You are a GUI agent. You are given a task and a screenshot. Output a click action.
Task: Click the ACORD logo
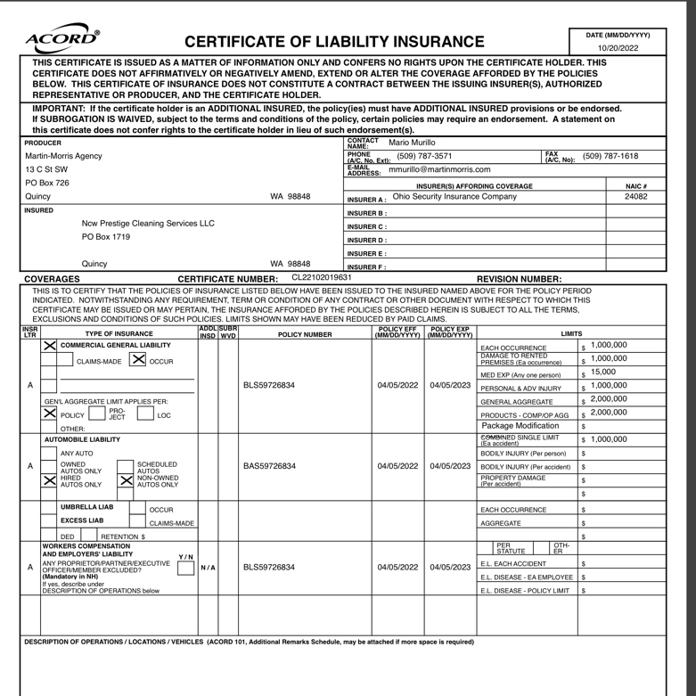tap(63, 37)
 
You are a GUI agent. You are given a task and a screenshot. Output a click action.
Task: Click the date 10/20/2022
tap(618, 48)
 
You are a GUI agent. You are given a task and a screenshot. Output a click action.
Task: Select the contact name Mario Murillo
tap(412, 143)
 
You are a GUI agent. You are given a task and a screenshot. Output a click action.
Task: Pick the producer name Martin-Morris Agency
tap(63, 156)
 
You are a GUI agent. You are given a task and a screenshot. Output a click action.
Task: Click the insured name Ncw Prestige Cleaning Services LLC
tap(148, 223)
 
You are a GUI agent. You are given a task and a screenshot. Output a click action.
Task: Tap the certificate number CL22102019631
tap(322, 278)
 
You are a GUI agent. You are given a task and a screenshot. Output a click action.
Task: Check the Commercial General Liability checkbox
tap(51, 345)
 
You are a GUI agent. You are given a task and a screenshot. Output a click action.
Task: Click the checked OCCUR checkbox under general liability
tap(138, 360)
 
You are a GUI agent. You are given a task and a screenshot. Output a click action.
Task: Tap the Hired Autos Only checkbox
tap(51, 480)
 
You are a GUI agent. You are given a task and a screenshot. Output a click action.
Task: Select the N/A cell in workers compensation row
tap(206, 567)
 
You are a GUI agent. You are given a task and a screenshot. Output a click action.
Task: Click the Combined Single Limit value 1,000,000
tap(609, 440)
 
